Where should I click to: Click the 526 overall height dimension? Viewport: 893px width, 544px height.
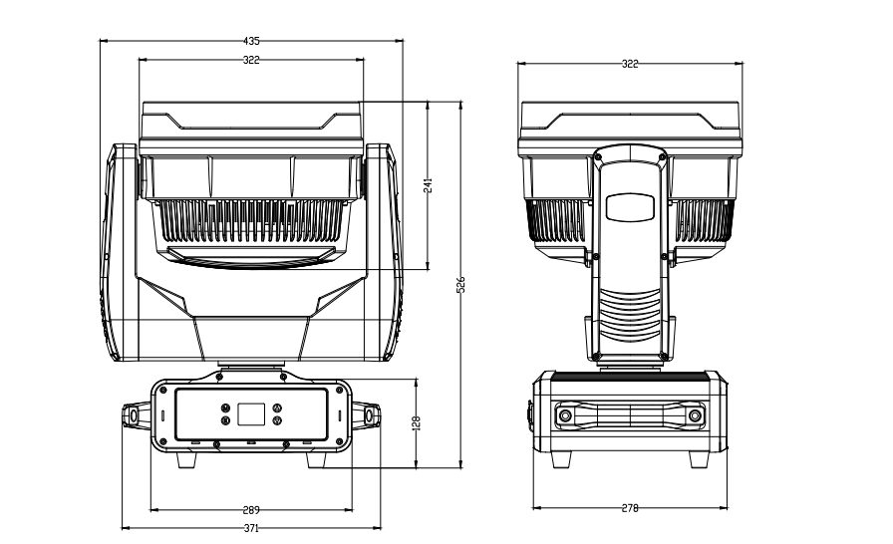[x=460, y=285]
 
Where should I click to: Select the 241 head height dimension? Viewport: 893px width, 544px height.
[x=428, y=186]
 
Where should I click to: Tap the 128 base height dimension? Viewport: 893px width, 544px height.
[x=417, y=423]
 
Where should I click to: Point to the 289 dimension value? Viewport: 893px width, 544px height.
[x=251, y=509]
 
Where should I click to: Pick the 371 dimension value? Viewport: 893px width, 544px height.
[x=251, y=528]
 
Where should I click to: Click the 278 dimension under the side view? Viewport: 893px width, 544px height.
[x=630, y=508]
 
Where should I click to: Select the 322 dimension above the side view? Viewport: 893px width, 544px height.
[x=630, y=64]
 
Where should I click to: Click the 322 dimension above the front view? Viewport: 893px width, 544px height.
[x=251, y=60]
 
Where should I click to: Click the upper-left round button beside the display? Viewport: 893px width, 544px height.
[x=225, y=408]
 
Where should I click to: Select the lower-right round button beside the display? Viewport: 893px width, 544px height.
[x=277, y=421]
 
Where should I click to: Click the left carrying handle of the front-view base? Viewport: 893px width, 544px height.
[x=134, y=414]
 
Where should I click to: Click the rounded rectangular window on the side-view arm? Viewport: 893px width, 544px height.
[x=630, y=207]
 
